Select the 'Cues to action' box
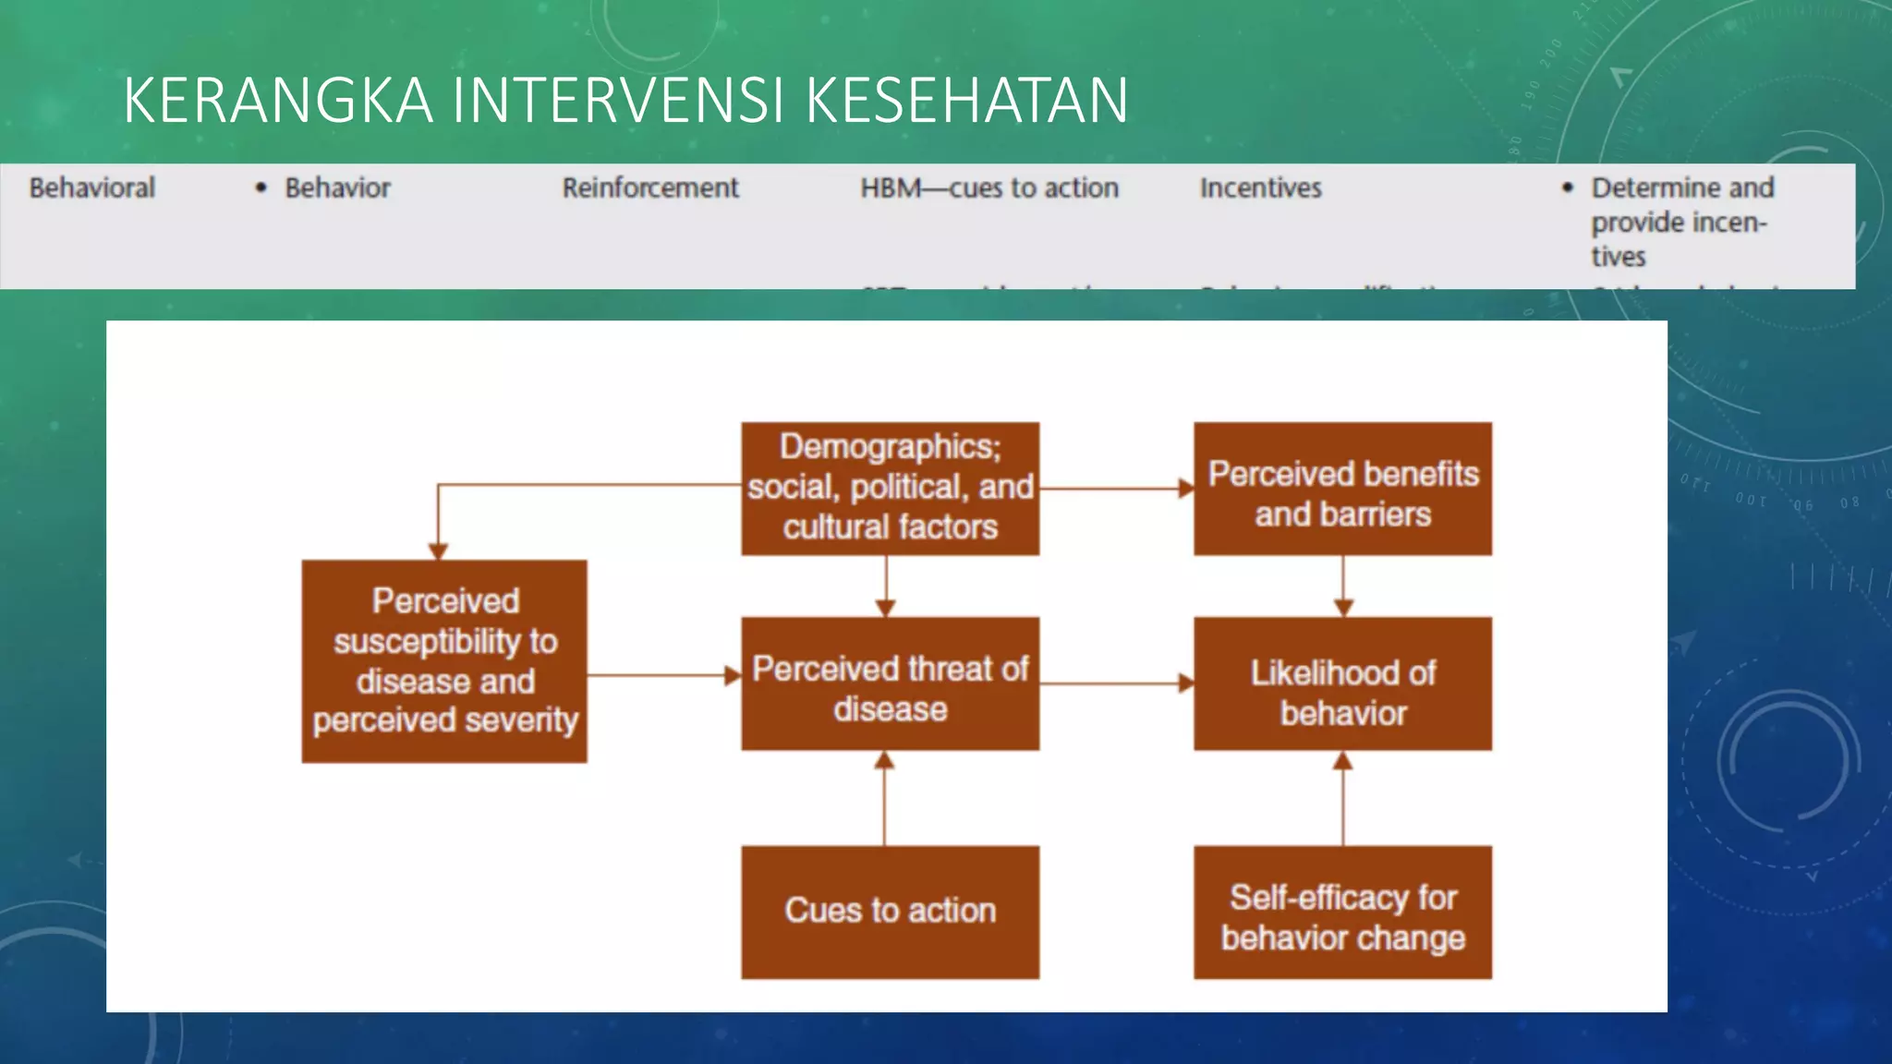click(890, 912)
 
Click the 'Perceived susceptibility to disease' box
click(444, 661)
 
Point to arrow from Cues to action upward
click(884, 799)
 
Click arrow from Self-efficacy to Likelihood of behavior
click(1342, 799)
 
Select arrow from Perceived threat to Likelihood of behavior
click(1116, 684)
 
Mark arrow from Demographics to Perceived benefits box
click(1116, 489)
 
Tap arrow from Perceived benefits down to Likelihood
click(1342, 586)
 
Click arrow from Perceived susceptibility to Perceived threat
click(663, 675)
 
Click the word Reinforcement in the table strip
click(650, 188)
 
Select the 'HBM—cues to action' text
click(988, 188)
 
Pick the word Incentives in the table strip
click(1260, 188)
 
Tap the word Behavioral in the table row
click(91, 188)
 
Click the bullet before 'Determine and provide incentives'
click(1567, 187)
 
